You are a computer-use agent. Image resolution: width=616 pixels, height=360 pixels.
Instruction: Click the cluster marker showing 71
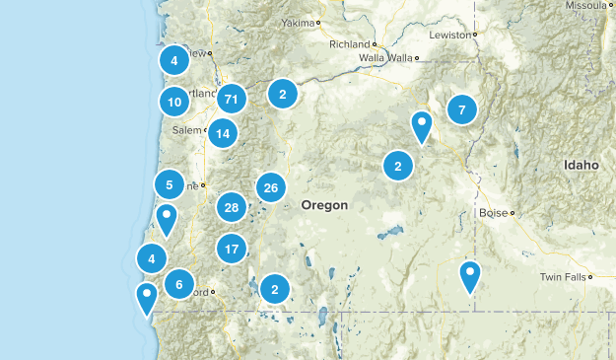click(x=232, y=99)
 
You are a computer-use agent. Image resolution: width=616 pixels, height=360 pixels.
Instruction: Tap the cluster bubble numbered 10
click(x=174, y=101)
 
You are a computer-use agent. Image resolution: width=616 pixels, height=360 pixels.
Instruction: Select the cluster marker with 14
click(x=224, y=133)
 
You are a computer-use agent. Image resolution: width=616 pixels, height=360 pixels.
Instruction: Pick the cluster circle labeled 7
click(x=461, y=109)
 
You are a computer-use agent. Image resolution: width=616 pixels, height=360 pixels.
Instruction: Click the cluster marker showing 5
click(x=170, y=184)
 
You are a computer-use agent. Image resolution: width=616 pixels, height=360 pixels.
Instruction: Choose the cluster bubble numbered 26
click(x=271, y=187)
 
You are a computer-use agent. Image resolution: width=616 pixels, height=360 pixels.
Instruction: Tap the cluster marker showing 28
click(x=232, y=207)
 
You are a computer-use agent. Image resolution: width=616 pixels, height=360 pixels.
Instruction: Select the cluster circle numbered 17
click(x=232, y=250)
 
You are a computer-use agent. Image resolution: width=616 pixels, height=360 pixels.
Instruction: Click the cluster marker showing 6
click(x=179, y=285)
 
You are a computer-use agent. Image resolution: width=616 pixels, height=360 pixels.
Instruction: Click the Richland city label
click(x=350, y=44)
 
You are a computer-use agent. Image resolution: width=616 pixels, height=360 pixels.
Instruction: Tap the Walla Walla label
click(x=384, y=58)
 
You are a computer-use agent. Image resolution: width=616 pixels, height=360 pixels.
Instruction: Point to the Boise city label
click(x=492, y=212)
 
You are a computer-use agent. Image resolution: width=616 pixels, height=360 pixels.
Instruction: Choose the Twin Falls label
click(x=562, y=278)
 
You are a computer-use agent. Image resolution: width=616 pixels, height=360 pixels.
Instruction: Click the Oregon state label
click(x=324, y=205)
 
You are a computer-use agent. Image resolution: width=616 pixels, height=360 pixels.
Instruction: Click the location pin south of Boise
click(x=471, y=276)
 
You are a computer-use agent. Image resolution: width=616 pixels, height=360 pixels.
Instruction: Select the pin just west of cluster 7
click(x=422, y=126)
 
